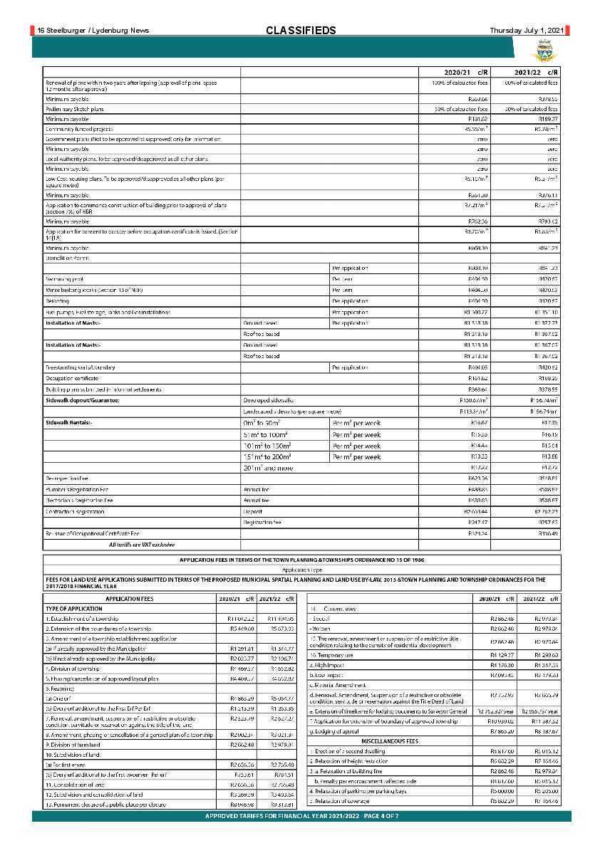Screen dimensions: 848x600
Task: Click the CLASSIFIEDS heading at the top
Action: [301, 31]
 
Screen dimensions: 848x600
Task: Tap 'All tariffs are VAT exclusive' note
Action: [141, 544]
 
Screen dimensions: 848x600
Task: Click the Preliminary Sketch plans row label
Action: [75, 109]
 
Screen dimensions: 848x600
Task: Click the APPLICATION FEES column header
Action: [129, 600]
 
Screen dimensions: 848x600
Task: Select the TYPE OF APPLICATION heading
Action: [74, 609]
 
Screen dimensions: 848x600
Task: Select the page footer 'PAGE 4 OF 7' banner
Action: [301, 815]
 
